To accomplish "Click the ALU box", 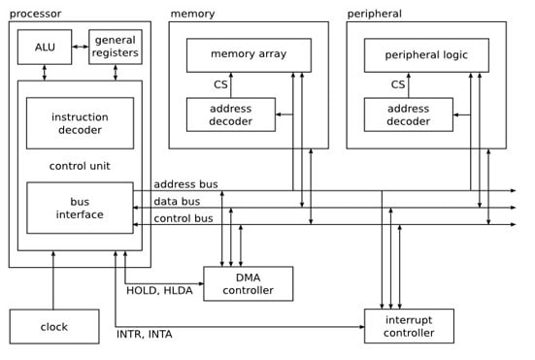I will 44,47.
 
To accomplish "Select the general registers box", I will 116,47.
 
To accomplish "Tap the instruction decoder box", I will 80,123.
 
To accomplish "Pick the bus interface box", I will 80,208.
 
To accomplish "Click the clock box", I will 54,327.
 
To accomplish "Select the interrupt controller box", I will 409,326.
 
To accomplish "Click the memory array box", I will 249,54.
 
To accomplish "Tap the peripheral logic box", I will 426,54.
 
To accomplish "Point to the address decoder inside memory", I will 230,115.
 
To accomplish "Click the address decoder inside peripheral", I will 408,115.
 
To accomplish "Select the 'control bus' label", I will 184,218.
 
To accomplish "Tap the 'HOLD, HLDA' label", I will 160,289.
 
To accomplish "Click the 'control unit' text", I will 80,165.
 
